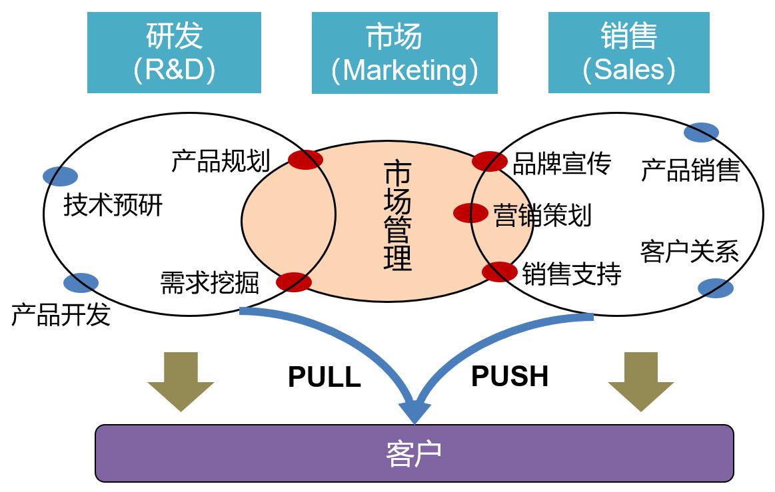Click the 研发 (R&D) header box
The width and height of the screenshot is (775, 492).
point(174,53)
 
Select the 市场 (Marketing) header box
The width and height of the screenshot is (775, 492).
point(404,53)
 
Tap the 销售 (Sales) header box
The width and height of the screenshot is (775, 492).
point(628,53)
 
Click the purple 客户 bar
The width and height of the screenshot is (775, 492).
point(414,453)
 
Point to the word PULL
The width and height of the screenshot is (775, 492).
point(324,377)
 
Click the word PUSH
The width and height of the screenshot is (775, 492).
point(510,377)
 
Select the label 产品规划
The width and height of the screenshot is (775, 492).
point(220,161)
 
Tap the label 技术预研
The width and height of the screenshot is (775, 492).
point(113,206)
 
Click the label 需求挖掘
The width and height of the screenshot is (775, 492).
point(209,283)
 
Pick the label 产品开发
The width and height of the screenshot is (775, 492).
point(61,315)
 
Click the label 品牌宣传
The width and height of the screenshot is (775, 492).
point(561,164)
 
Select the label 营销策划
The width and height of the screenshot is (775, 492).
point(542,215)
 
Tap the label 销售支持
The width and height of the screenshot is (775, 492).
point(571,274)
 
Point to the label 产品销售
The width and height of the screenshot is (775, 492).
point(690,170)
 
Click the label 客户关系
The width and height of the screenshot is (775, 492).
point(689,252)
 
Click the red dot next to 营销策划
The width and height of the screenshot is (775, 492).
point(470,213)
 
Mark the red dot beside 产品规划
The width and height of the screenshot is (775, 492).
point(305,160)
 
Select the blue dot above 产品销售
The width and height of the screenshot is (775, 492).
point(701,132)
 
